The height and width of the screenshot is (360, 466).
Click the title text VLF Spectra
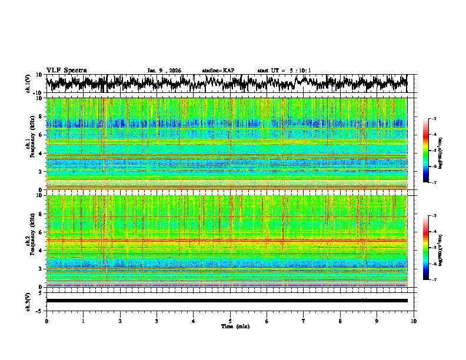pyautogui.click(x=66, y=70)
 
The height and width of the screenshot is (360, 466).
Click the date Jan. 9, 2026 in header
pyautogui.click(x=164, y=71)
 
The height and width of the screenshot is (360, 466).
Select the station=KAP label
pyautogui.click(x=218, y=71)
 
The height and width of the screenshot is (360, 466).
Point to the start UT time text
pyautogui.click(x=284, y=71)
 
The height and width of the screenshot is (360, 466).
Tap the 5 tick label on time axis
pyautogui.click(x=230, y=321)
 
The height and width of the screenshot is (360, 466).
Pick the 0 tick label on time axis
pyautogui.click(x=46, y=321)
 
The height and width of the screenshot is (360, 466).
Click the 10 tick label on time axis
pyautogui.click(x=414, y=321)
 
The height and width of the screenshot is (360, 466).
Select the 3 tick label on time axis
pyautogui.click(x=157, y=321)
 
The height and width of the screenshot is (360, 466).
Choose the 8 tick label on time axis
pyautogui.click(x=340, y=321)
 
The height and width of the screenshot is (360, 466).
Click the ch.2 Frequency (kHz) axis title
pyautogui.click(x=31, y=241)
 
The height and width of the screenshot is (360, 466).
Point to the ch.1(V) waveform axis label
pyautogui.click(x=28, y=84)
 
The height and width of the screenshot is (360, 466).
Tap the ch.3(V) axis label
pyautogui.click(x=28, y=301)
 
